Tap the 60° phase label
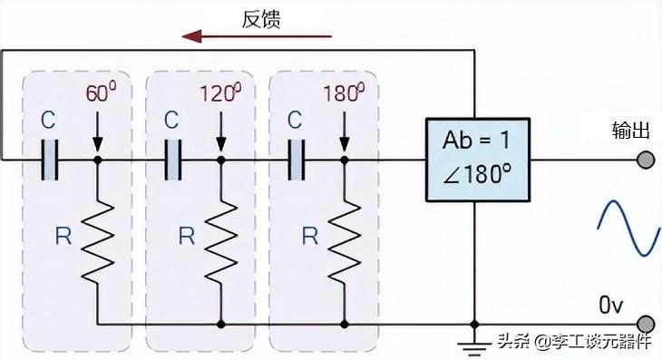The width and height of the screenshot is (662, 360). (102, 93)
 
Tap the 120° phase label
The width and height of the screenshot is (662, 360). (219, 93)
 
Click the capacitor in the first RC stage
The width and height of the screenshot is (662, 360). (52, 160)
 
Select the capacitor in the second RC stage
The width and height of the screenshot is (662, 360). (175, 160)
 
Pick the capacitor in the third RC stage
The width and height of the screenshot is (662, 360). (297, 160)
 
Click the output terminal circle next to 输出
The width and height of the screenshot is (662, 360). (645, 160)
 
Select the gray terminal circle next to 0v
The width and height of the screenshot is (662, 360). (645, 324)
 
